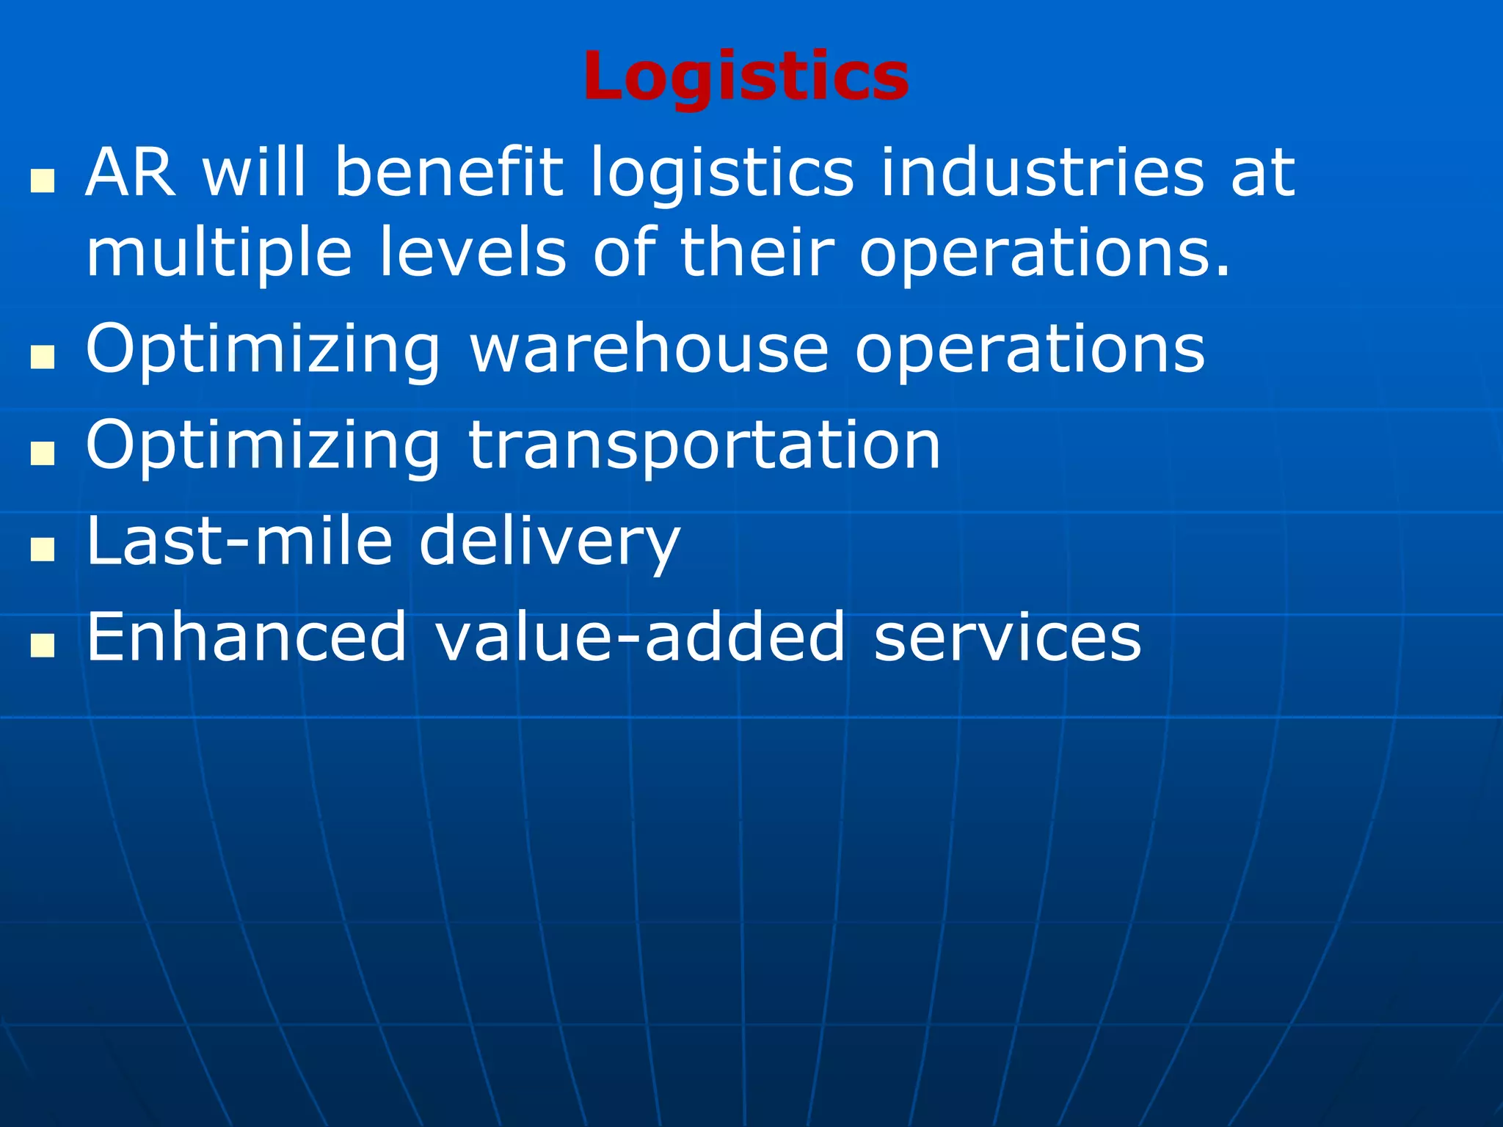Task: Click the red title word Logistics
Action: click(x=746, y=76)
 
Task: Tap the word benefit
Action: click(x=448, y=173)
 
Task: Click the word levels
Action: click(x=473, y=252)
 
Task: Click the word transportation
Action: click(x=704, y=446)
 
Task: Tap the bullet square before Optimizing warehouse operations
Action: click(x=43, y=357)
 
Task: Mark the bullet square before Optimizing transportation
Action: click(x=43, y=453)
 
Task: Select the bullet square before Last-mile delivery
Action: click(x=43, y=550)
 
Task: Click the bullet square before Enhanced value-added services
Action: click(x=43, y=645)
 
